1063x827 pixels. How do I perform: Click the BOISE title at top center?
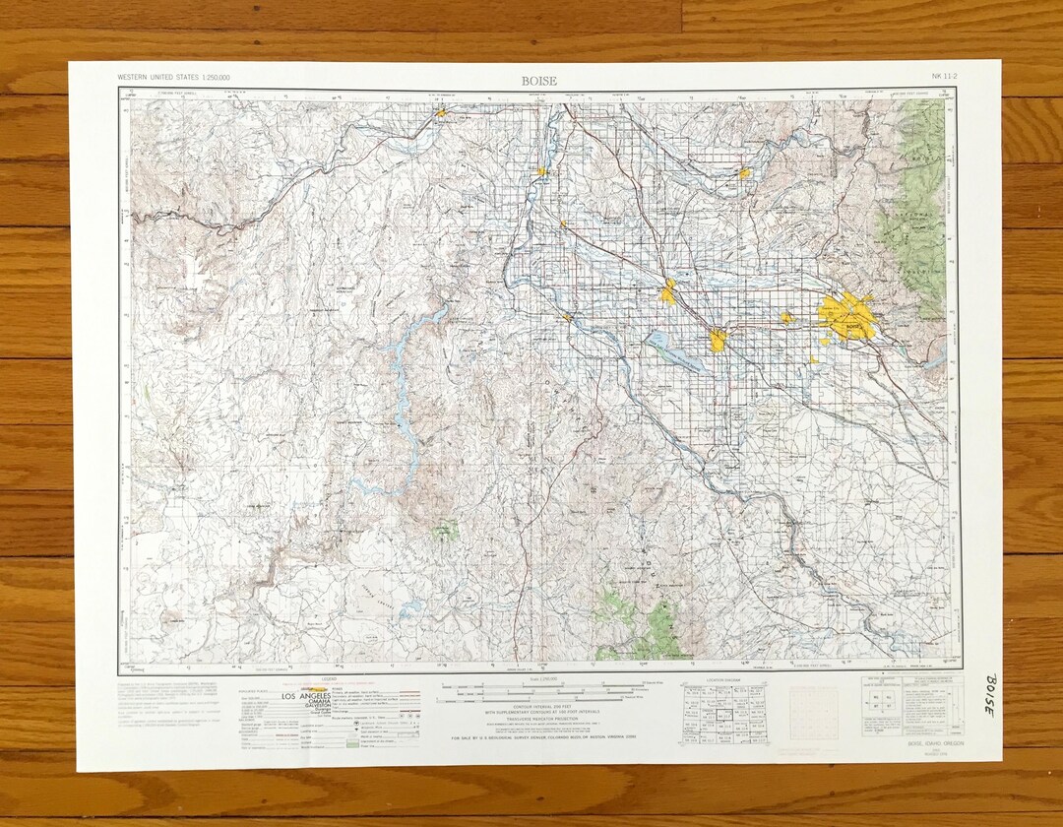click(x=539, y=81)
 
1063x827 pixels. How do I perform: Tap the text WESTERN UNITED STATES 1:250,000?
click(x=180, y=77)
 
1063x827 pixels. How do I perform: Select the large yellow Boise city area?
click(x=846, y=317)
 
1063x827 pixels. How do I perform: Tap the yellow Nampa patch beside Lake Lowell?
click(x=718, y=340)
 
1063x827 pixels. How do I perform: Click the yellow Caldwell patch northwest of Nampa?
click(x=669, y=291)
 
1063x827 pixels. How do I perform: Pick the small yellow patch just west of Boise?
click(x=786, y=318)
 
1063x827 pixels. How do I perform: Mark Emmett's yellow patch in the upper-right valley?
click(x=744, y=173)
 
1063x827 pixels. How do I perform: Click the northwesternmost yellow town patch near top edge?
click(x=442, y=112)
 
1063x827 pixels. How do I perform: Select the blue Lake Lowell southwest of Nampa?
click(x=674, y=350)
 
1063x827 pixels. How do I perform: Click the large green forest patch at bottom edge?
click(x=640, y=625)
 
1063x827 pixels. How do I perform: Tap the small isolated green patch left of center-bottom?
click(x=447, y=530)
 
